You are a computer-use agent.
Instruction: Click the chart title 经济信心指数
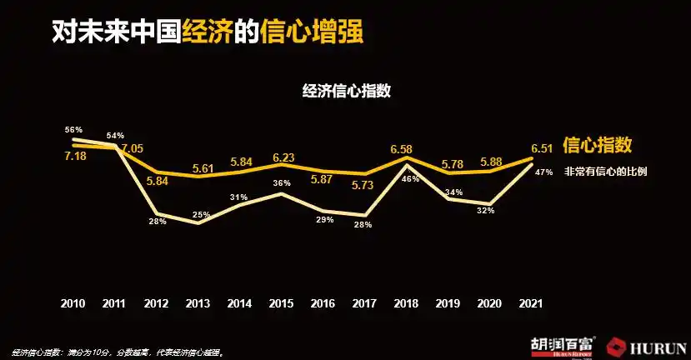345,92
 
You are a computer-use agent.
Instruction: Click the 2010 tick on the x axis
73,303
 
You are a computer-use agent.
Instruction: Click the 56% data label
73,130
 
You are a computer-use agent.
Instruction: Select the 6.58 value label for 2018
402,149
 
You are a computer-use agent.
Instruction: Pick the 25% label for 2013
201,215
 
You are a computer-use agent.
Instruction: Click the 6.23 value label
283,156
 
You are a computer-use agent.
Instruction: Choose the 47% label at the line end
544,172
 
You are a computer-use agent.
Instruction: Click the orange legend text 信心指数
597,146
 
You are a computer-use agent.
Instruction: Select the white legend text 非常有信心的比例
606,172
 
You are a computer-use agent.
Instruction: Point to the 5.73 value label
363,185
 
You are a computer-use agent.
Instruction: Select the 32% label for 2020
486,211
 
